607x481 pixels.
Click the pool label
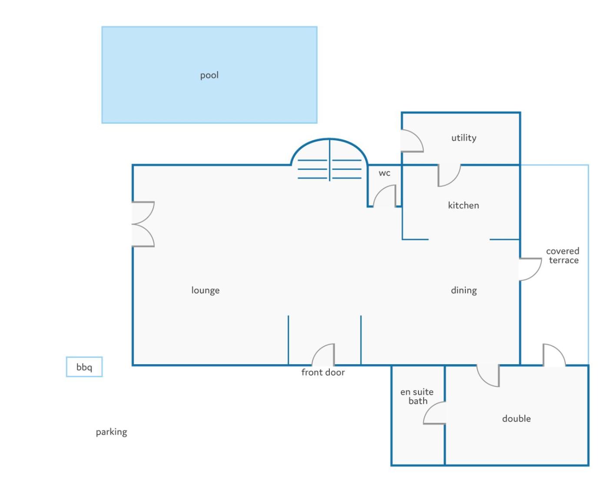(209, 75)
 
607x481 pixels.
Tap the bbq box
(84, 366)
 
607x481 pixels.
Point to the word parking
(111, 432)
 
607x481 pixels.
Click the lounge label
(206, 290)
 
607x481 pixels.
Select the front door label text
(323, 372)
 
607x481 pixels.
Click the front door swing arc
(317, 350)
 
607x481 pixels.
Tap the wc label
(385, 173)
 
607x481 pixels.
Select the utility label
(464, 138)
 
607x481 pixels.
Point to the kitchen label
(464, 205)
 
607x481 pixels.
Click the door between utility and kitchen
(454, 180)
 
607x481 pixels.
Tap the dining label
(464, 290)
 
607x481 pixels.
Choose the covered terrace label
(563, 256)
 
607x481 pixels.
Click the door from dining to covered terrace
(535, 274)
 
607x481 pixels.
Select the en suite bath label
(417, 396)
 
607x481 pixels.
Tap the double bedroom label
(516, 419)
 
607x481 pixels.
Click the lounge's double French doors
(143, 224)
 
